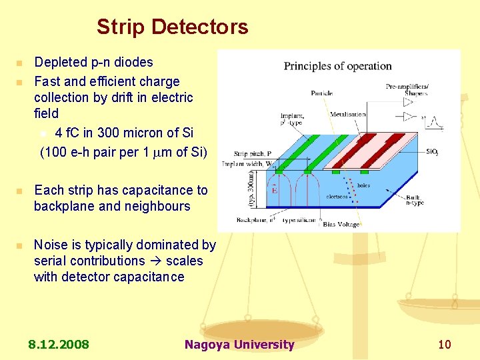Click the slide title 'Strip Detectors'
click(172, 27)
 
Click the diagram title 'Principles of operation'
click(337, 66)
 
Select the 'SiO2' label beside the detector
click(432, 152)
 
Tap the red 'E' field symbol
click(275, 190)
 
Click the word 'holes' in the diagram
click(363, 185)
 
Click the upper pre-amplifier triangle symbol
click(408, 102)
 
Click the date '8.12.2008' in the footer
click(59, 345)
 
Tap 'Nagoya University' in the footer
click(239, 345)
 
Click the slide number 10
click(444, 345)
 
